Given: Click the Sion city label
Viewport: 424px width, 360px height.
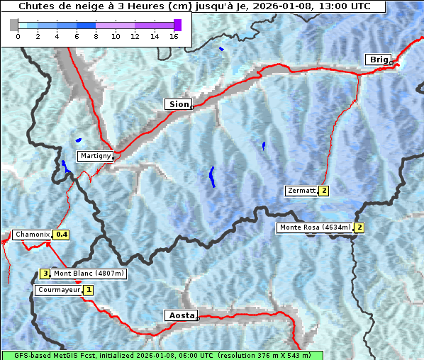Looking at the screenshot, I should [x=178, y=104].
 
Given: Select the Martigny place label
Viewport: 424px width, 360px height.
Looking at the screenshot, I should [x=95, y=156].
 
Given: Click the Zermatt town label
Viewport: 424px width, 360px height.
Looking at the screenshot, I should [x=301, y=191].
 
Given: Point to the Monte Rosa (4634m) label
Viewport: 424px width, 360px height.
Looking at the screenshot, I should [x=315, y=227].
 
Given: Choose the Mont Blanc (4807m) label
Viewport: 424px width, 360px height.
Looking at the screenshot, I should [x=89, y=273].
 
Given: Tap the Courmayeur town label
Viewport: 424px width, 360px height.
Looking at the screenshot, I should [x=59, y=290].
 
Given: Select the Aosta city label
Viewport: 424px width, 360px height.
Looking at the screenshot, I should [x=180, y=315].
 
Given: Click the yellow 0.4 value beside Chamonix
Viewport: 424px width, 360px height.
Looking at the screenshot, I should [x=62, y=235].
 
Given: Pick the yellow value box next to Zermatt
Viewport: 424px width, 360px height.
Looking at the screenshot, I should [x=324, y=191].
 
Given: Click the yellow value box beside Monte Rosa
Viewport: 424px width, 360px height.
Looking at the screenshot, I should [x=359, y=227].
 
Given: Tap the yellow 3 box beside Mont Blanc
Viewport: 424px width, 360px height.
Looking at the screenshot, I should [x=45, y=273].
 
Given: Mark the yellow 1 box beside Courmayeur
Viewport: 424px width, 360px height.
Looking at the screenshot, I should [x=89, y=290].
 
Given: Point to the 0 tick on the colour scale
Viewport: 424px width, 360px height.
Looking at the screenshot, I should [x=18, y=36].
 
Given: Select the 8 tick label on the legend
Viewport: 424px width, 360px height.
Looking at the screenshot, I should [x=96, y=36].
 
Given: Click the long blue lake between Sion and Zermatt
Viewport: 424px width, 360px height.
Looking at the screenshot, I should [x=212, y=176].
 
